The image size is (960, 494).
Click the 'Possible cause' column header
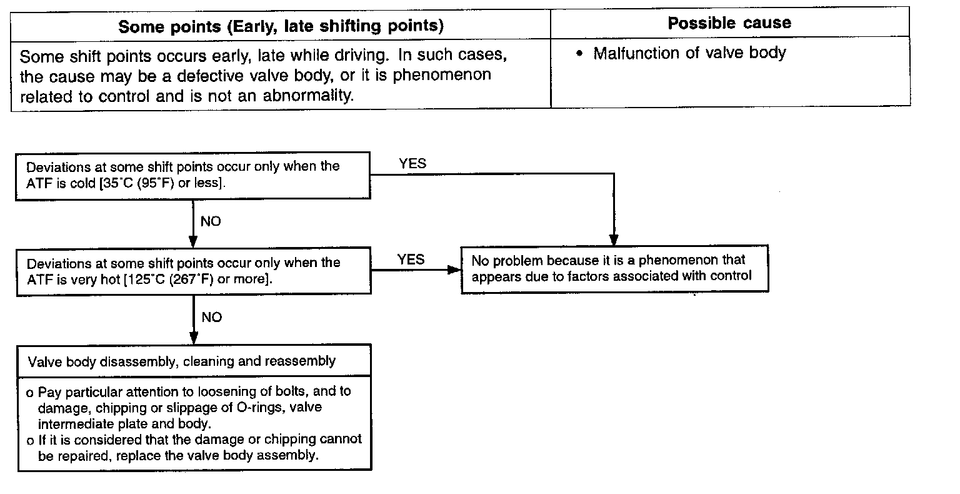coord(729,24)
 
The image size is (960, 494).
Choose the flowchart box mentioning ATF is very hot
coord(192,271)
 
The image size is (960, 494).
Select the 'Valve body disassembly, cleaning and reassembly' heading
coord(182,361)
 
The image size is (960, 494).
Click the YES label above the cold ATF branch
coord(412,164)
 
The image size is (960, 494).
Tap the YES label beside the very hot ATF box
coord(411,259)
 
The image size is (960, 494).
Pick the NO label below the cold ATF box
coord(211,222)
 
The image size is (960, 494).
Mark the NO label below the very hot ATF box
coord(211,318)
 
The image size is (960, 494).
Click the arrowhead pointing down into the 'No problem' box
coord(614,240)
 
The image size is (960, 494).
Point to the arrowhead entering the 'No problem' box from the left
coord(454,270)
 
